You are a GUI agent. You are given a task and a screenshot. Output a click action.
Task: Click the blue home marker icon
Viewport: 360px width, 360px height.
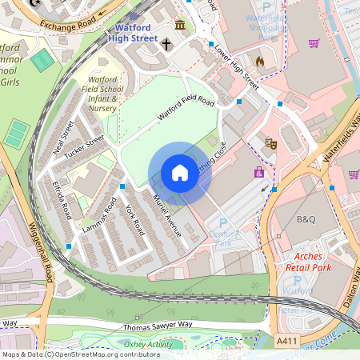click(180, 173)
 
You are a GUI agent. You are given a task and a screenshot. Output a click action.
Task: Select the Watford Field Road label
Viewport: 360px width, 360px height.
click(186, 109)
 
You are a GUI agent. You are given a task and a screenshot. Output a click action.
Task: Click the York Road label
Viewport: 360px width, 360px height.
click(134, 219)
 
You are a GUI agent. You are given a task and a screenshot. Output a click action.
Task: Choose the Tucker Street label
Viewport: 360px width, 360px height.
click(85, 146)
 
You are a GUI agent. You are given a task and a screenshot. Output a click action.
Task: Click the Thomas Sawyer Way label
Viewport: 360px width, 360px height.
click(158, 326)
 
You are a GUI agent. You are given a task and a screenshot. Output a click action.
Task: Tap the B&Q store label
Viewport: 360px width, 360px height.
click(306, 219)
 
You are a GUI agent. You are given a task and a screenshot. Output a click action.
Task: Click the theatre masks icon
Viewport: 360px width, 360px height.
click(271, 144)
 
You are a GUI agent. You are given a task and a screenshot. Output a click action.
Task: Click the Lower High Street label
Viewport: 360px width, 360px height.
click(236, 67)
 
